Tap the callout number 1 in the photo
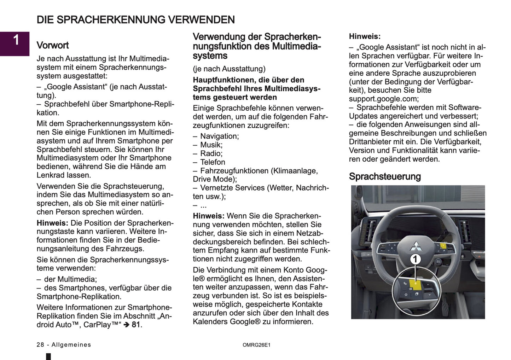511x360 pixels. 415,259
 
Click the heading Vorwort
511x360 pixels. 53,45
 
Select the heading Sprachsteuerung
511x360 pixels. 385,176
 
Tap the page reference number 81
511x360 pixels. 136,325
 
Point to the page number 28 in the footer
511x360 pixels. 40,345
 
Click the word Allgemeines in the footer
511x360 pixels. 71,345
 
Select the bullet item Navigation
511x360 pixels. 219,136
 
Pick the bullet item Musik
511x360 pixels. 211,145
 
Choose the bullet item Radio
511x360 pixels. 211,153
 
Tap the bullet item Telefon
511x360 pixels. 213,162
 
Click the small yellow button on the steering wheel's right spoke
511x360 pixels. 443,245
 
